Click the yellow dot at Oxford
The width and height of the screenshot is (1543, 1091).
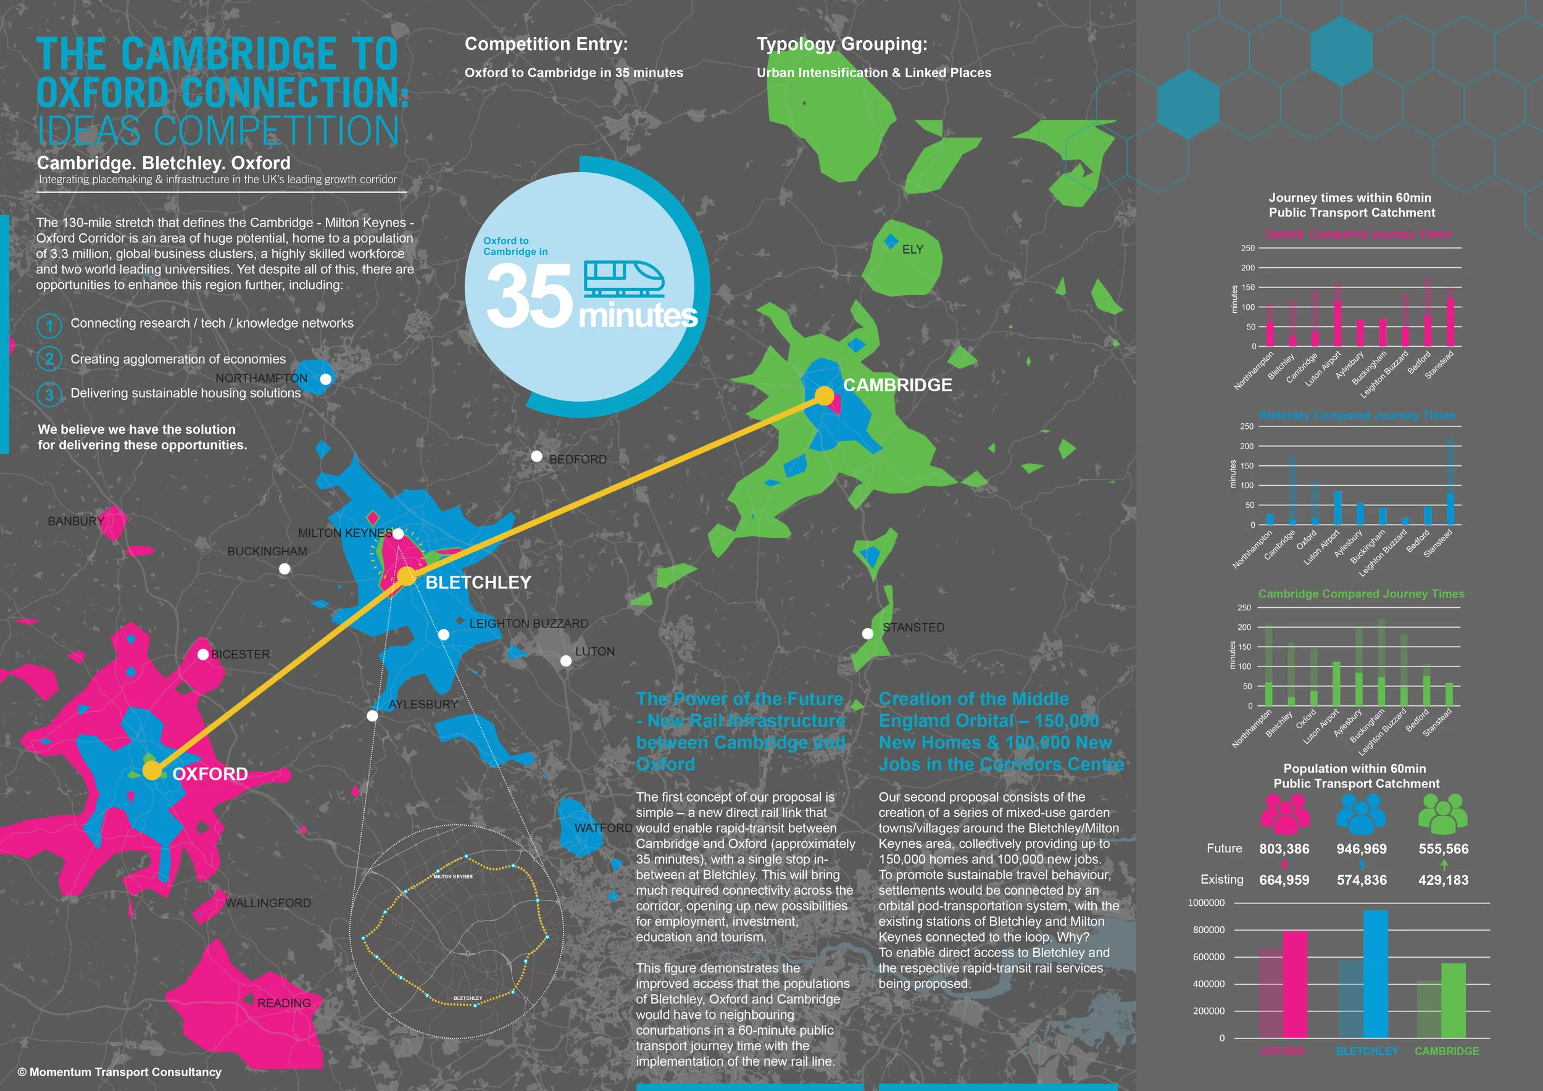pos(152,771)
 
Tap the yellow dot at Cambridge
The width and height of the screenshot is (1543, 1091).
pos(824,396)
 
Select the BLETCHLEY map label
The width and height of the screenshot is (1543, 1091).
pos(478,583)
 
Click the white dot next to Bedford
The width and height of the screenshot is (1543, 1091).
pos(536,457)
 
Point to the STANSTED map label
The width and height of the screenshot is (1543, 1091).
pos(913,628)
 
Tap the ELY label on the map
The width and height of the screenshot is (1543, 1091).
pos(912,249)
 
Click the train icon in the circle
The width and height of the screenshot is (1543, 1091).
pos(623,279)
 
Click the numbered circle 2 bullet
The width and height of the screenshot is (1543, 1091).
pos(49,359)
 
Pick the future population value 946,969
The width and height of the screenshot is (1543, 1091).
pos(1361,849)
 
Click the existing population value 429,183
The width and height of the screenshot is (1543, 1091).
pos(1443,880)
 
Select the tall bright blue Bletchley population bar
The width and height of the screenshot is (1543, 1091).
pos(1375,974)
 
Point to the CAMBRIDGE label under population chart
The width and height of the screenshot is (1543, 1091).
pos(1446,1052)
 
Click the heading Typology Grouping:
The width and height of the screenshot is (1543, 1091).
pos(841,44)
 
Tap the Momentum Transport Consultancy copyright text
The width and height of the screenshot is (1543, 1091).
pos(120,1072)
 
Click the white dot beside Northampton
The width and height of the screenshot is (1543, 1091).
pos(326,380)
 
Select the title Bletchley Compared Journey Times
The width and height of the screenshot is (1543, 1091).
pos(1357,415)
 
